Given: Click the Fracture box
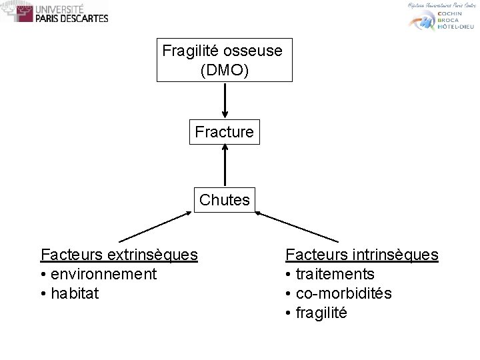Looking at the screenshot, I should tap(225, 132).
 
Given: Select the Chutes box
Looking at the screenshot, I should tap(225, 199).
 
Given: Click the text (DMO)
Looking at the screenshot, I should tap(225, 69).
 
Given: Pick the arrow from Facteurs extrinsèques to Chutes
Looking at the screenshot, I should tap(155, 227).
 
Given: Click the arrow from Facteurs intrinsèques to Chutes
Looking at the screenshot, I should tap(297, 227).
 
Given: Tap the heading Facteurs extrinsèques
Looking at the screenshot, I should tap(119, 254).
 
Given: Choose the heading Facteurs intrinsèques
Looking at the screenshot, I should tap(362, 254).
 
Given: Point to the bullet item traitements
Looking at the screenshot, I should tap(334, 273).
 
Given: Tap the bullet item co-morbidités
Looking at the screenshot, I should tap(343, 293).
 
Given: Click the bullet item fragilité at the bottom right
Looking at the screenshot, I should tap(321, 312).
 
